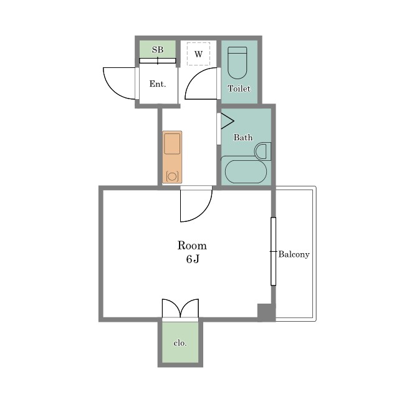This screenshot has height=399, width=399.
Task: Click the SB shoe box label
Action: click(x=158, y=49)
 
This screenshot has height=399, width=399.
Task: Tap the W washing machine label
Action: click(x=198, y=54)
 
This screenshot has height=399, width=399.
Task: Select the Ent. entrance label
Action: click(x=158, y=84)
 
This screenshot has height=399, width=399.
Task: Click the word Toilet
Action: click(x=239, y=89)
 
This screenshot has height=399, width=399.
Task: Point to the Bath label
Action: click(x=243, y=137)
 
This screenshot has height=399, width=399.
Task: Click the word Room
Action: click(x=192, y=245)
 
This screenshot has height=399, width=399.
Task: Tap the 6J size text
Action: click(x=193, y=259)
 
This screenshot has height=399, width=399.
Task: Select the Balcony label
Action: click(x=294, y=254)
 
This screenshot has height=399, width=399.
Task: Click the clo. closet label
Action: click(x=180, y=343)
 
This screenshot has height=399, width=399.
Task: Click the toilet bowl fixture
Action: click(x=237, y=62)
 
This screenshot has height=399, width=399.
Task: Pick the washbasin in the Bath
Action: click(x=262, y=151)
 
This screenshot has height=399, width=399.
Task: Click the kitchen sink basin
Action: click(x=172, y=144)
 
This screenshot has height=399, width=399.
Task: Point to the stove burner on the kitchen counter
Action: click(x=172, y=176)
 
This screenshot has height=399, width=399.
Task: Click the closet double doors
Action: click(x=180, y=308)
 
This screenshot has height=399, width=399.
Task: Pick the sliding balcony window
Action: click(x=273, y=251)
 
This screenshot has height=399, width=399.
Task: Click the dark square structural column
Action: click(x=266, y=312)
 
